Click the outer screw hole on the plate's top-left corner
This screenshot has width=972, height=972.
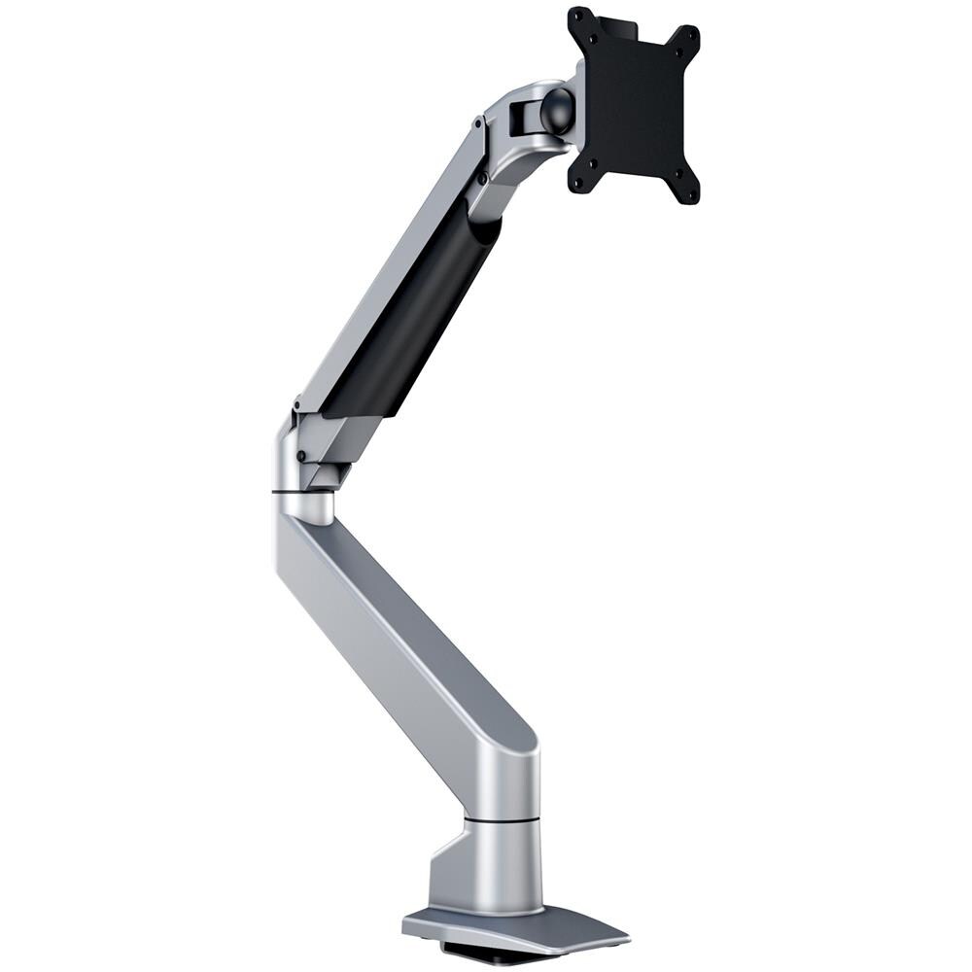click(576, 17)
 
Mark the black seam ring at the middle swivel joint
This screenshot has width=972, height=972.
click(303, 493)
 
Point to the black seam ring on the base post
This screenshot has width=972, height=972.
click(501, 819)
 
